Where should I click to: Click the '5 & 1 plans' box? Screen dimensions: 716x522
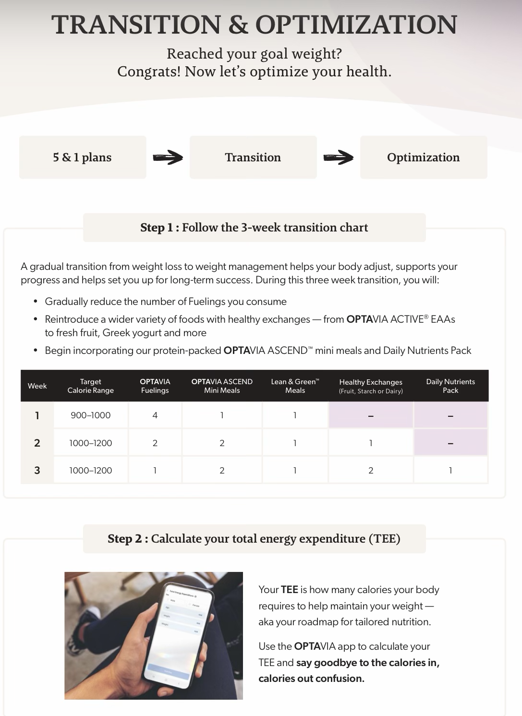pos(83,158)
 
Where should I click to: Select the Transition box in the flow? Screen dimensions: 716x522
pos(253,158)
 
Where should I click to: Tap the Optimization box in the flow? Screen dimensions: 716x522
pos(424,158)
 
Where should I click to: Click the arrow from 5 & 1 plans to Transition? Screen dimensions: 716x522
pos(168,158)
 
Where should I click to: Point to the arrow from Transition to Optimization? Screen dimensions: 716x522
pos(339,158)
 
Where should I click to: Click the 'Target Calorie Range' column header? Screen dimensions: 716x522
pos(91,386)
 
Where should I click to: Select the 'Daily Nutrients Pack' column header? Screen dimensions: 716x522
pos(450,386)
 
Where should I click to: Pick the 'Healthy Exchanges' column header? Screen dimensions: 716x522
pos(371,386)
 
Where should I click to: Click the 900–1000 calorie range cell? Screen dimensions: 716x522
pos(91,415)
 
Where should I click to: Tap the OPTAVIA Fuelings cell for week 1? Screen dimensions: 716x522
pos(155,415)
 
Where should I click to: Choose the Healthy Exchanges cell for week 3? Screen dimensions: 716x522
pos(371,471)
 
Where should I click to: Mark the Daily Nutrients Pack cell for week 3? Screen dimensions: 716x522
pos(450,471)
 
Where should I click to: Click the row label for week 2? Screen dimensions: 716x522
pos(37,443)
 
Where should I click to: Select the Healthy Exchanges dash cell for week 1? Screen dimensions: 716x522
pos(371,415)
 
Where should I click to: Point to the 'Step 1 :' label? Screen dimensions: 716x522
pos(159,228)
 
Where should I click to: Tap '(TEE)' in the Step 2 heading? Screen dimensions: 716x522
pos(384,539)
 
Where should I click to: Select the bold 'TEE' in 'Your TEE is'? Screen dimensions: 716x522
pos(289,590)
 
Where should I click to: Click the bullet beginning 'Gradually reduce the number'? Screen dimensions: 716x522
pos(166,302)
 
